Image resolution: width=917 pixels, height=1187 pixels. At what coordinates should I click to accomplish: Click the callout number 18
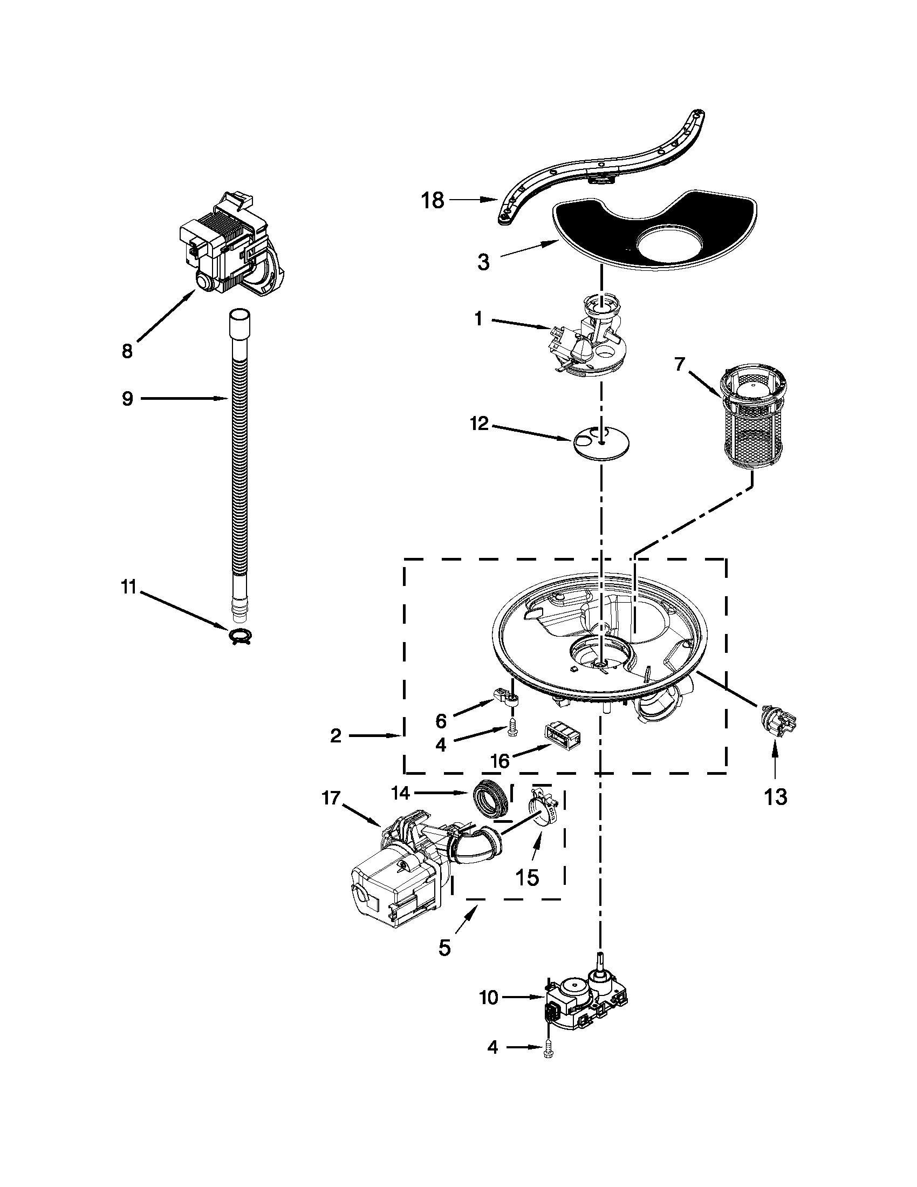(433, 201)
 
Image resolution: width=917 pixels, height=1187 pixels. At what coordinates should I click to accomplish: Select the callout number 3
(483, 262)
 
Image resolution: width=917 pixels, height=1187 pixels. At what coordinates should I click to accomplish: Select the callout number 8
(127, 351)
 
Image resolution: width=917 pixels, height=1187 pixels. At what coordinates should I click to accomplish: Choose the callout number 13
(776, 797)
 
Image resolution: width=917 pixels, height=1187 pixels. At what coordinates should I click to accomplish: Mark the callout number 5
(444, 948)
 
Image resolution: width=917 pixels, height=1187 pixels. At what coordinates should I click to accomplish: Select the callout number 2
(336, 736)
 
